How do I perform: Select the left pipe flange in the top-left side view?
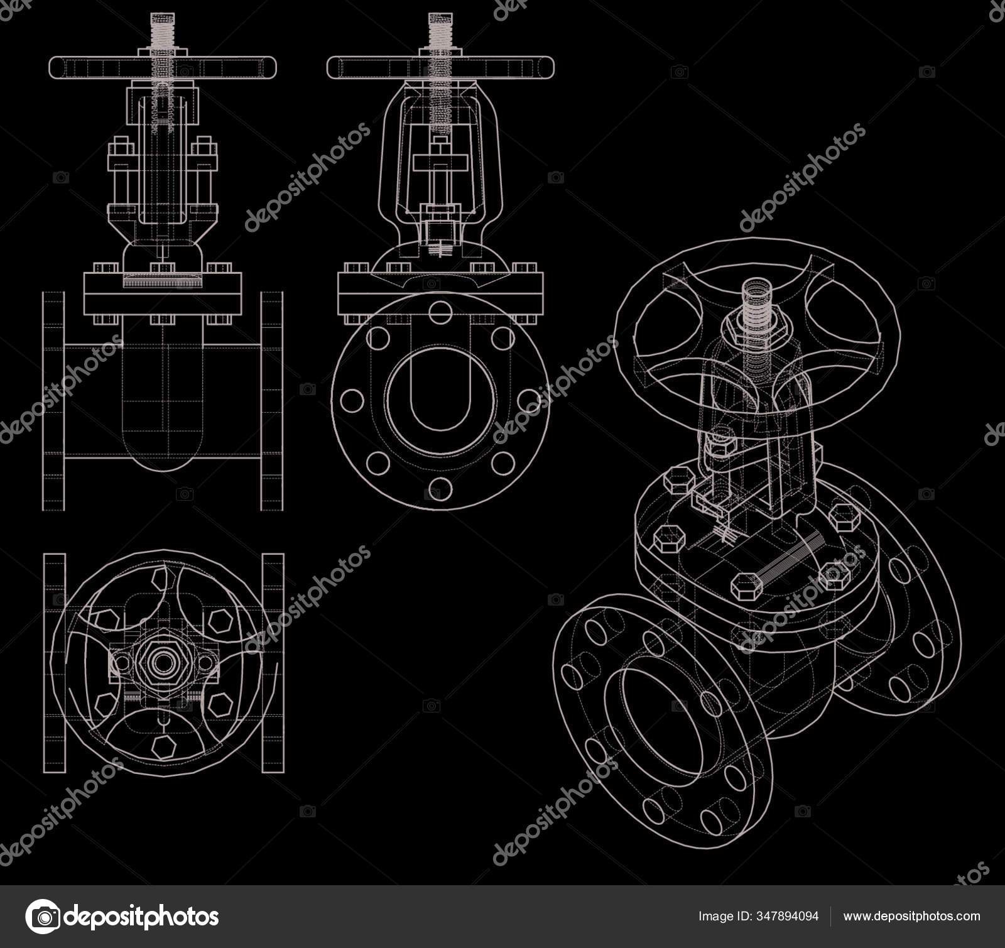(x=53, y=401)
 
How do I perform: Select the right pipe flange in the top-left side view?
(x=272, y=401)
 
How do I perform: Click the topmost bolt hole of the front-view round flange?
(x=440, y=312)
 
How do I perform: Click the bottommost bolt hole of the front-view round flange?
(x=440, y=488)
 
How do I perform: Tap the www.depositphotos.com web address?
(x=911, y=916)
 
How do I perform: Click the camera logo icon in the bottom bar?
(x=42, y=916)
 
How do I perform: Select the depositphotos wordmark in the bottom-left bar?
(x=141, y=916)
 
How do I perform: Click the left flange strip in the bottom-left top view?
(x=54, y=663)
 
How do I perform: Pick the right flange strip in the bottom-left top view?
(x=273, y=663)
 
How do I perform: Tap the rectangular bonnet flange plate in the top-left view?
(x=163, y=294)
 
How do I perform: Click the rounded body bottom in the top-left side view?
(x=163, y=452)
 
